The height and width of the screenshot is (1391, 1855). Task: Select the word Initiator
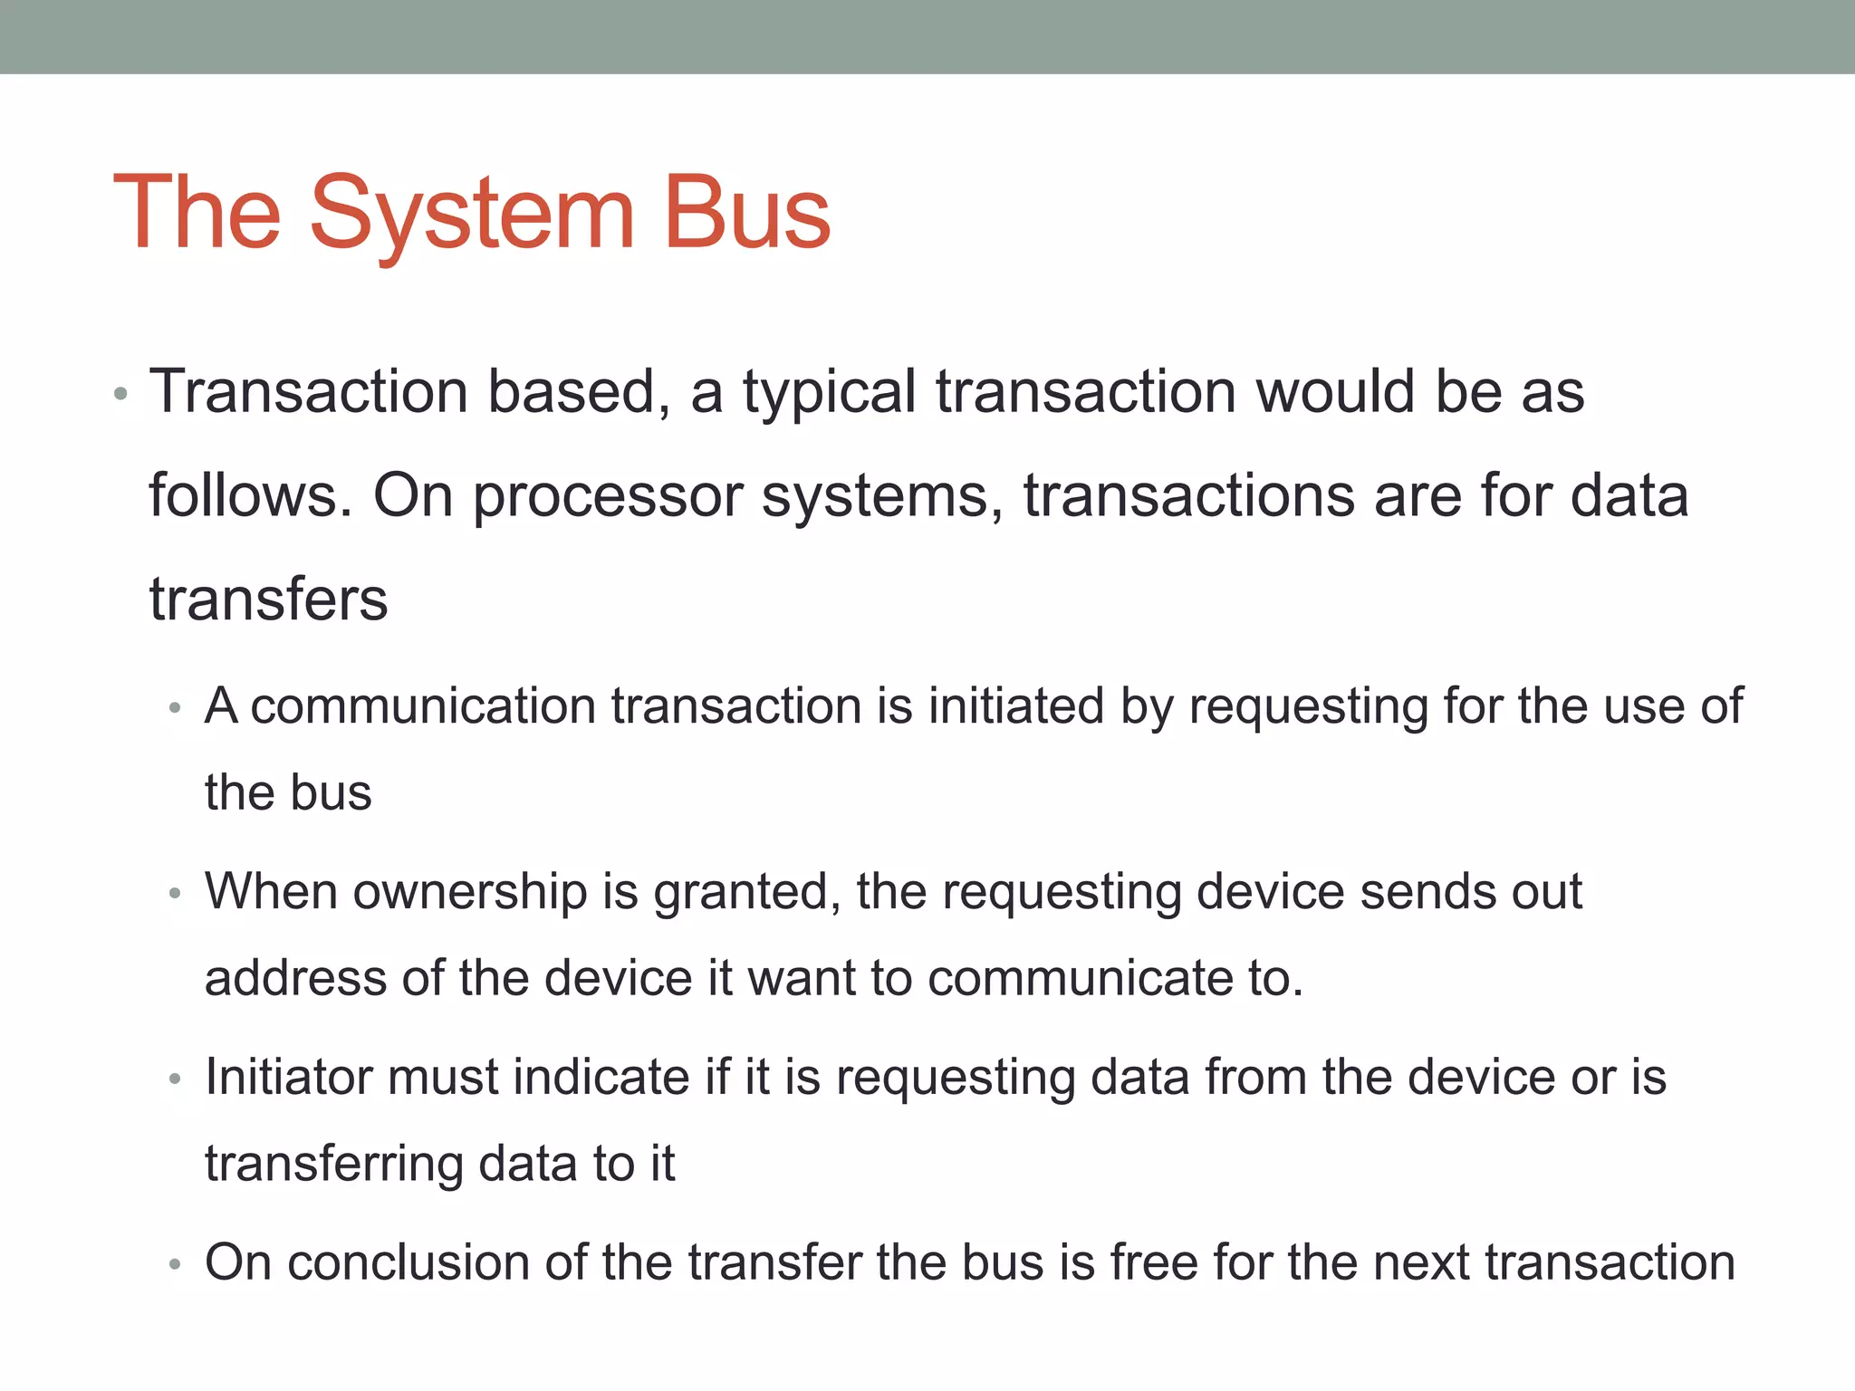click(x=288, y=1077)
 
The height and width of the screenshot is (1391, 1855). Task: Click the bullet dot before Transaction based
click(x=120, y=395)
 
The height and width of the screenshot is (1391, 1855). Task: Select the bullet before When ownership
click(x=176, y=895)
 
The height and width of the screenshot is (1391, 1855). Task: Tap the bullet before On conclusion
click(x=176, y=1265)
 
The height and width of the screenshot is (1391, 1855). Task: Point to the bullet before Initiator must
click(x=176, y=1080)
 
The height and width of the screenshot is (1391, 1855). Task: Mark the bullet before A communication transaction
click(x=176, y=709)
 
